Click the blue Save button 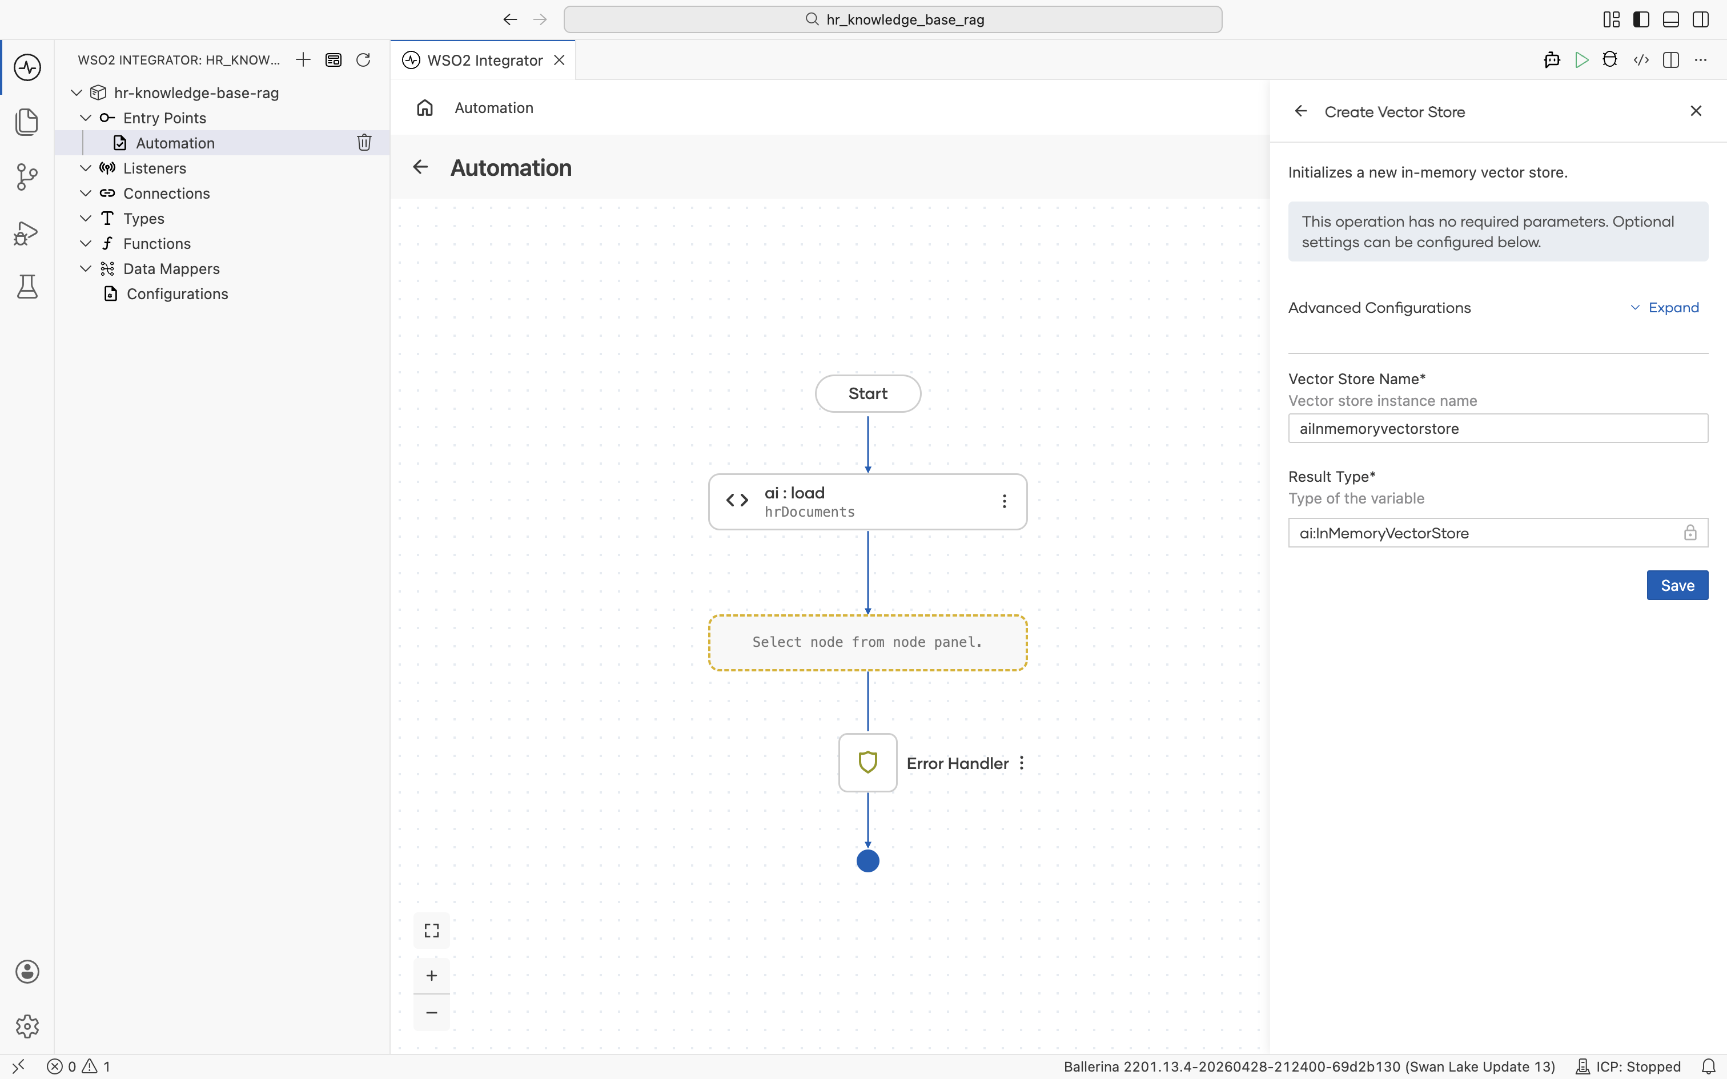pos(1677,585)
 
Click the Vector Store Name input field pos(1498,428)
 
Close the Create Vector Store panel pos(1696,111)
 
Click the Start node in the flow pos(867,393)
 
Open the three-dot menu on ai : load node pos(1004,501)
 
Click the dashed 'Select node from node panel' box pos(867,642)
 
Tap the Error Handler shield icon pos(867,762)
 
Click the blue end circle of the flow pos(867,861)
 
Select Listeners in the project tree pos(155,168)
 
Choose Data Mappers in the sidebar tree pos(171,268)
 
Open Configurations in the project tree pos(177,293)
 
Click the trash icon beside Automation pos(364,142)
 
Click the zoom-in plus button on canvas pos(432,976)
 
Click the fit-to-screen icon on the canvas pos(432,930)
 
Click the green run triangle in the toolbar pos(1581,60)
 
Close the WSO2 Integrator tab pos(560,60)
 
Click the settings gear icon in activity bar pos(27,1026)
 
